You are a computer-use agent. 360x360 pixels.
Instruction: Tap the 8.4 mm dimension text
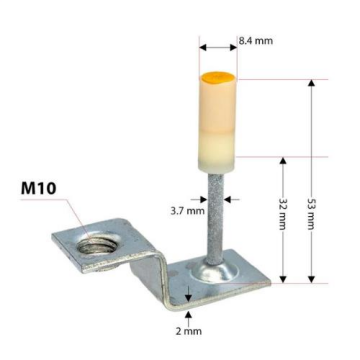[255, 41]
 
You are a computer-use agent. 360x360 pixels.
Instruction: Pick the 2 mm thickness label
[190, 329]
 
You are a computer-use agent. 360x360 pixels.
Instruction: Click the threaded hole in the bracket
[100, 241]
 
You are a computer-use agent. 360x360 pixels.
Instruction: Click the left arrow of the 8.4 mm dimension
[202, 46]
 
